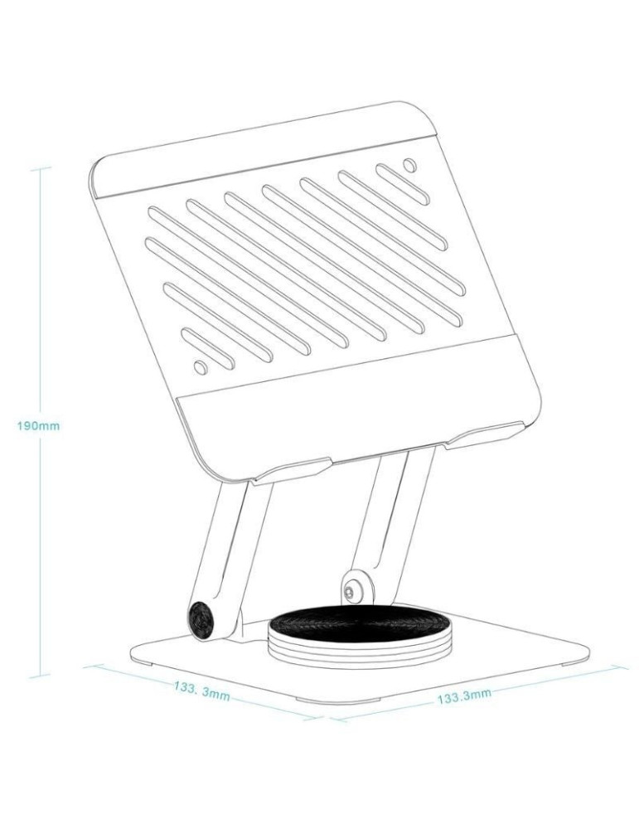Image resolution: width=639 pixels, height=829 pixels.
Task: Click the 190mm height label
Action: click(39, 425)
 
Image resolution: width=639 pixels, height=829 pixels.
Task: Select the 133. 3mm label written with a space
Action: click(202, 691)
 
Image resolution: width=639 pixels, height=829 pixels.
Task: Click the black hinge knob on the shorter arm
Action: click(201, 618)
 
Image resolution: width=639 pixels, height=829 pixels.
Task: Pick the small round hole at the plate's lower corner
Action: click(200, 365)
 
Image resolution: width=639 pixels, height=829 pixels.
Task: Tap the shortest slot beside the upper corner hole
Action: click(402, 184)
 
